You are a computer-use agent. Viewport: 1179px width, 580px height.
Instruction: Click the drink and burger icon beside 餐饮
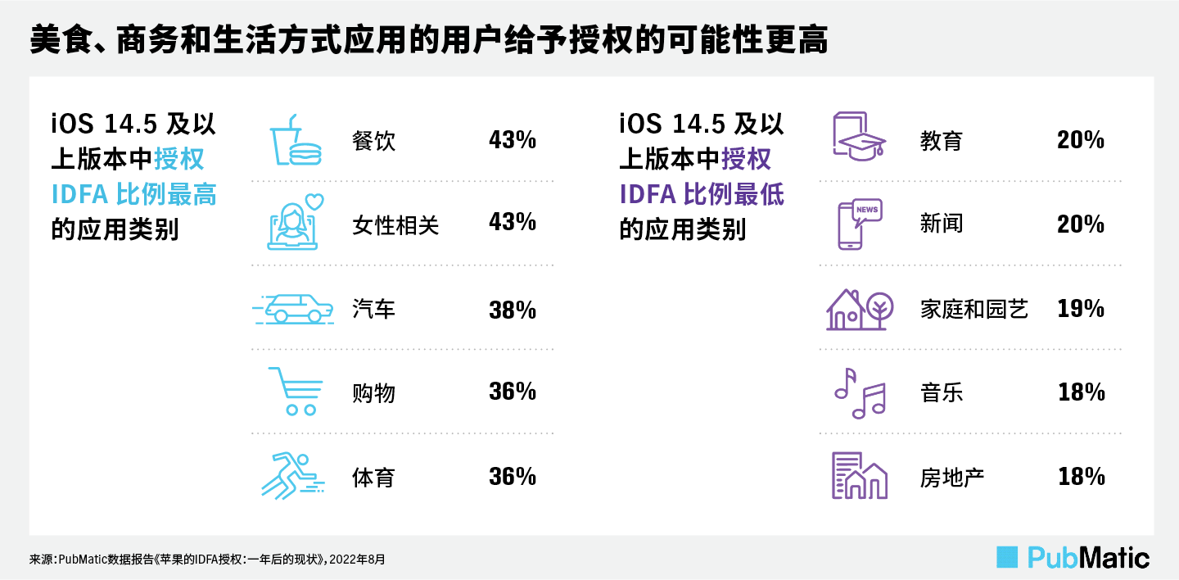click(296, 140)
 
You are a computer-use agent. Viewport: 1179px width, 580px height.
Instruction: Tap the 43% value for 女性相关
click(512, 223)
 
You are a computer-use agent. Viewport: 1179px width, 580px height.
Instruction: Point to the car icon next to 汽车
click(294, 309)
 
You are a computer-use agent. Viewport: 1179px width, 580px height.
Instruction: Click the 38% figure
click(512, 310)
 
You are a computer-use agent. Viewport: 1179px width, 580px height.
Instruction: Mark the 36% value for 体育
click(512, 477)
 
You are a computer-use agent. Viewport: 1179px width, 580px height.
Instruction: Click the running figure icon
click(292, 476)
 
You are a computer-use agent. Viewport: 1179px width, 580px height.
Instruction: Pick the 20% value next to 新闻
click(1081, 224)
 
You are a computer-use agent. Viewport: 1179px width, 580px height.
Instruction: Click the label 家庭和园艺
click(973, 310)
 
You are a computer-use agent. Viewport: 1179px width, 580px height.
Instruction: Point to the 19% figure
click(1081, 310)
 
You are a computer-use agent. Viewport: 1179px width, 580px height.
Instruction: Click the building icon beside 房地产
click(859, 476)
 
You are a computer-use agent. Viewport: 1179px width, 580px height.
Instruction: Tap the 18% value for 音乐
click(1081, 393)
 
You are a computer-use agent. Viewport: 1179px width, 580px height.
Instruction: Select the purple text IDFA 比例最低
click(702, 194)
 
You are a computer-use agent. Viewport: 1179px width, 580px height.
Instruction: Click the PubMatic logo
click(1073, 557)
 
